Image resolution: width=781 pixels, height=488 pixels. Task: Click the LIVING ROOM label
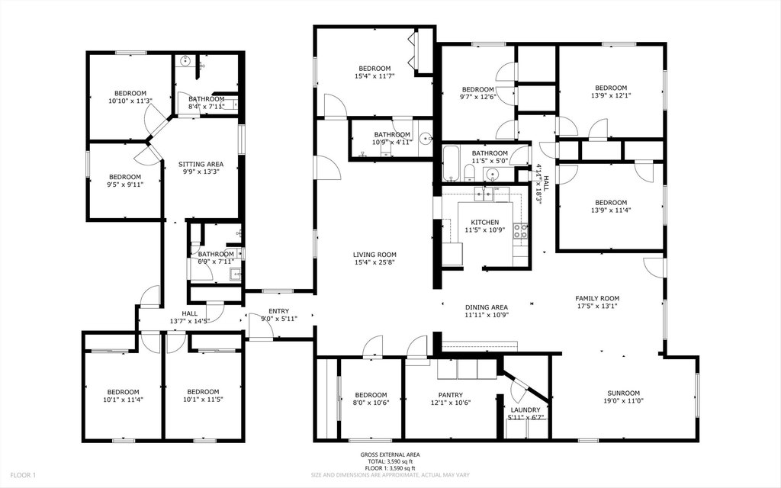coord(374,255)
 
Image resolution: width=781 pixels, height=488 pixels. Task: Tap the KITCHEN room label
coord(484,222)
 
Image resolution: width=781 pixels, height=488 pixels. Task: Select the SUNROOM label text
coord(621,393)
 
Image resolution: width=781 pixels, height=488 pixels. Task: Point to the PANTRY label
coord(450,395)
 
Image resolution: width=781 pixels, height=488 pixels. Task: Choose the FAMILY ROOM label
coord(597,298)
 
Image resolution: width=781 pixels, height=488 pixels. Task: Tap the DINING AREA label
coord(486,307)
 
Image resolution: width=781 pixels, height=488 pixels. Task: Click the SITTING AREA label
coord(201,164)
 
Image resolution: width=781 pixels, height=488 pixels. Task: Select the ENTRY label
coord(278,311)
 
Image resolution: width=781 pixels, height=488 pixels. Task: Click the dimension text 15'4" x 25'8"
coord(374,262)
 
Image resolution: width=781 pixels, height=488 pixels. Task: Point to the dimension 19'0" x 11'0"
coord(621,400)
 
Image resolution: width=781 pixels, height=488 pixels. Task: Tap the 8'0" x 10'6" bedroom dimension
coord(371,403)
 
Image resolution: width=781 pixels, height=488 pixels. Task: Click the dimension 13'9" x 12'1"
coord(611,95)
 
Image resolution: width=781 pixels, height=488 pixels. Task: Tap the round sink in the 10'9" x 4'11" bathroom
coord(426,139)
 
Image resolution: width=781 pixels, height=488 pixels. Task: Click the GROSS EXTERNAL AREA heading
coord(390,454)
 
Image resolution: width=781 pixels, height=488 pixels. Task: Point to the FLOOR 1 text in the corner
coord(23,475)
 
